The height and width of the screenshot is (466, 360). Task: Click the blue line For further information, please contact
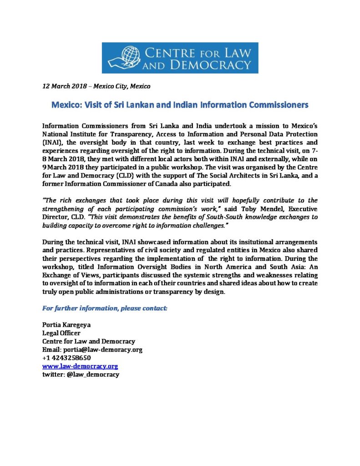(x=105, y=308)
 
